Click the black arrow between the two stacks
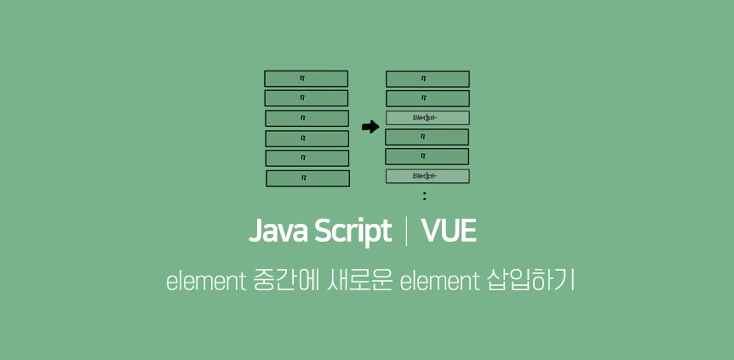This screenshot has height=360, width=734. pos(370,128)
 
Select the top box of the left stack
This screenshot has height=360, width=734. pos(306,78)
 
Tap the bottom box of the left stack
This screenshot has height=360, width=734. pos(307,178)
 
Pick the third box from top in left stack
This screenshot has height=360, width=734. pos(307,118)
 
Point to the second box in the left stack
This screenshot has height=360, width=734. pos(306,98)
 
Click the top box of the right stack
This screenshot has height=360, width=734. pos(427,78)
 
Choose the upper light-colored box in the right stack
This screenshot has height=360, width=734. pos(427,117)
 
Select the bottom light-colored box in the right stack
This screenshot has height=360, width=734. pos(427,176)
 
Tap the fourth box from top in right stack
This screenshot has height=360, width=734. pos(427,137)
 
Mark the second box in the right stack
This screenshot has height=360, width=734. pos(427,98)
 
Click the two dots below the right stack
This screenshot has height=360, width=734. pos(424,197)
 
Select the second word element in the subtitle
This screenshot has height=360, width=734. pos(440,281)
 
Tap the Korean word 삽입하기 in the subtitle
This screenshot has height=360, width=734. pos(530,281)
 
